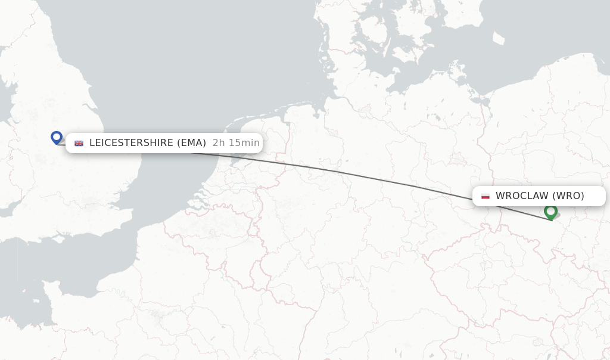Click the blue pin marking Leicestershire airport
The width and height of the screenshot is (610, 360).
click(57, 138)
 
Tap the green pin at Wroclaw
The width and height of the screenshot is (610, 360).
click(550, 211)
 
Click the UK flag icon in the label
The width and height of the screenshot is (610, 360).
click(79, 143)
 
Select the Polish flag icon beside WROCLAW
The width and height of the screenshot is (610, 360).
click(485, 196)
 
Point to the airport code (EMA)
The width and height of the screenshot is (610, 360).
click(191, 143)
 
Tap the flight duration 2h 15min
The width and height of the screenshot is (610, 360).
click(236, 143)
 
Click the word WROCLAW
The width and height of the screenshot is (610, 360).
click(522, 195)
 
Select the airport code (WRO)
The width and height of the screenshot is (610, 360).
click(568, 195)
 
